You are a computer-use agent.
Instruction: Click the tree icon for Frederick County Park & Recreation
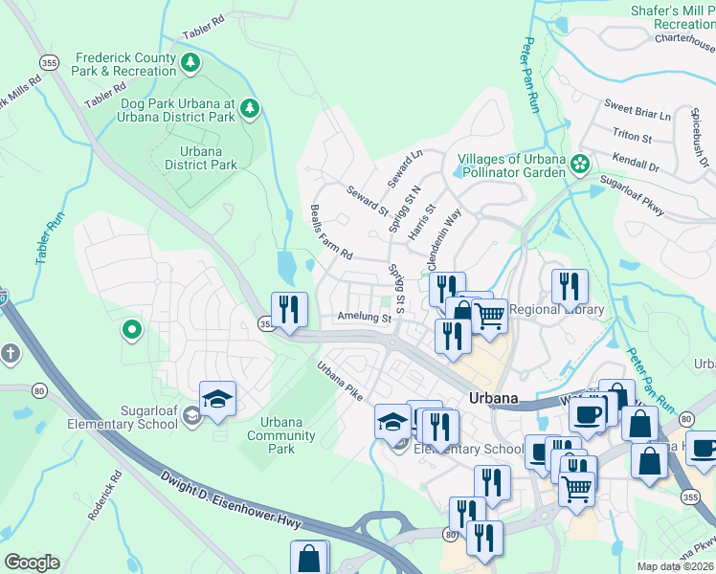[191, 63]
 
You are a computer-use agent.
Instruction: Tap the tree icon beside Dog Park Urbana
[250, 108]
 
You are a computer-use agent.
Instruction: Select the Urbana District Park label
[200, 158]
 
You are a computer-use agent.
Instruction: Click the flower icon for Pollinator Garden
[579, 165]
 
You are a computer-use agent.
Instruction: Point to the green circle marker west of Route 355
[131, 331]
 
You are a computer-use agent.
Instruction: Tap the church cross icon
[11, 354]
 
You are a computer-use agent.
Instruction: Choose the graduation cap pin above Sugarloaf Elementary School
[217, 398]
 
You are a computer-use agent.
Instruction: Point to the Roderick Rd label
[104, 494]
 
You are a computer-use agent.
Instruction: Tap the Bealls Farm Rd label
[331, 232]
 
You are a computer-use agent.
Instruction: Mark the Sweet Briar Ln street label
[636, 106]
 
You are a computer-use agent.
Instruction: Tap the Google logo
[32, 562]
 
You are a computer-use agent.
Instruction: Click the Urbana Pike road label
[341, 380]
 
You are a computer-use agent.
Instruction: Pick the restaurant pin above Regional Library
[570, 286]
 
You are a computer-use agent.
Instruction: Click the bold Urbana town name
[494, 398]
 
